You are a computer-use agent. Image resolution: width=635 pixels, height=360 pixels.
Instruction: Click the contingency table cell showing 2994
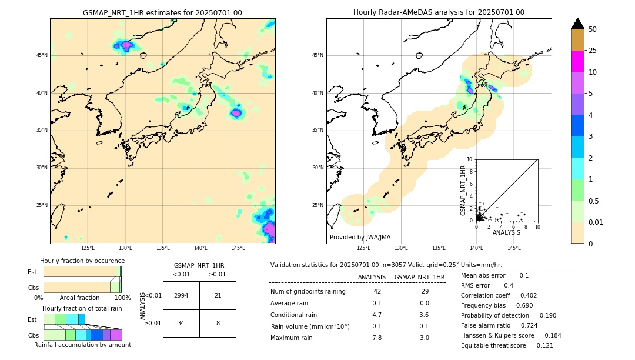click(181, 295)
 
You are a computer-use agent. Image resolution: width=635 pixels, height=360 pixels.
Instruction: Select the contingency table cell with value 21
click(218, 295)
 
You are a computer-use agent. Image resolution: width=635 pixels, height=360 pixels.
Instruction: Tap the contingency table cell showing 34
click(181, 323)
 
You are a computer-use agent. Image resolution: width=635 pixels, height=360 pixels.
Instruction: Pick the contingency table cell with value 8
click(218, 323)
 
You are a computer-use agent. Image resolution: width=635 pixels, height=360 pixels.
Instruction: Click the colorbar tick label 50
click(593, 29)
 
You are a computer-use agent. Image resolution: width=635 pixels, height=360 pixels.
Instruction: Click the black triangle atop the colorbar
click(578, 24)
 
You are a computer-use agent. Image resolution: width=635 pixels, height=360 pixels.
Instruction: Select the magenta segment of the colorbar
click(578, 61)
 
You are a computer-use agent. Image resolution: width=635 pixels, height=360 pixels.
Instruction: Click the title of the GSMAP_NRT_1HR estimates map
click(162, 12)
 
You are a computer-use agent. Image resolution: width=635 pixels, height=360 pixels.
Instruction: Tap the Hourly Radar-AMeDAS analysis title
click(439, 12)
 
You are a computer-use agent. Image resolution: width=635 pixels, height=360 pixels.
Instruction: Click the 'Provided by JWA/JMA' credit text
click(360, 237)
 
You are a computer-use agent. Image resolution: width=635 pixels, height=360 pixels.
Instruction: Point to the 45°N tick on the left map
click(42, 55)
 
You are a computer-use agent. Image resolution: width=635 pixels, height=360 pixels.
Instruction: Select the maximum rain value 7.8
click(377, 338)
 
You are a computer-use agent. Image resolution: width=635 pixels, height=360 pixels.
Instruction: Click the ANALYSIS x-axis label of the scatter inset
click(506, 232)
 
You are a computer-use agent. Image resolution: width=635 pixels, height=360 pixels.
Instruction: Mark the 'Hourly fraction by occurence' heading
click(82, 261)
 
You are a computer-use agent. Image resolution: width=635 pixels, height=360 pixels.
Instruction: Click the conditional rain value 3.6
click(424, 315)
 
